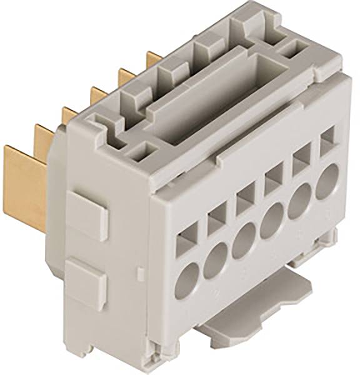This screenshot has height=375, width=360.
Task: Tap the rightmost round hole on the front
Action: (327, 181)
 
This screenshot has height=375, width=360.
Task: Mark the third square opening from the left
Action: (244, 197)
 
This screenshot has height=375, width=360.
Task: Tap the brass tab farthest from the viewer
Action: (154, 59)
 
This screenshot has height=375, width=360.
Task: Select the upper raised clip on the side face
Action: (87, 213)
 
